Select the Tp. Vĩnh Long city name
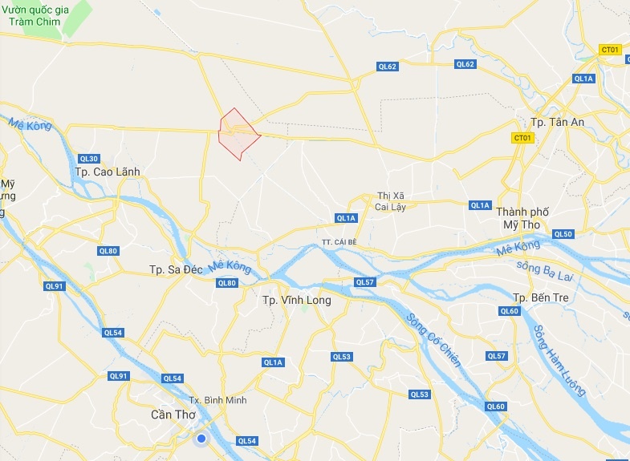(292, 300)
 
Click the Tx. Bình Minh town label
(217, 400)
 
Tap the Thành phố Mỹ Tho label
(522, 217)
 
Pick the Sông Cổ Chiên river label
(433, 339)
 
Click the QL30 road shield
(89, 158)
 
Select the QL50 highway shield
(563, 234)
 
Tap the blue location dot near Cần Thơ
(201, 439)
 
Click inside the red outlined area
(239, 135)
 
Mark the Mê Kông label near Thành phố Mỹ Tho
(518, 249)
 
